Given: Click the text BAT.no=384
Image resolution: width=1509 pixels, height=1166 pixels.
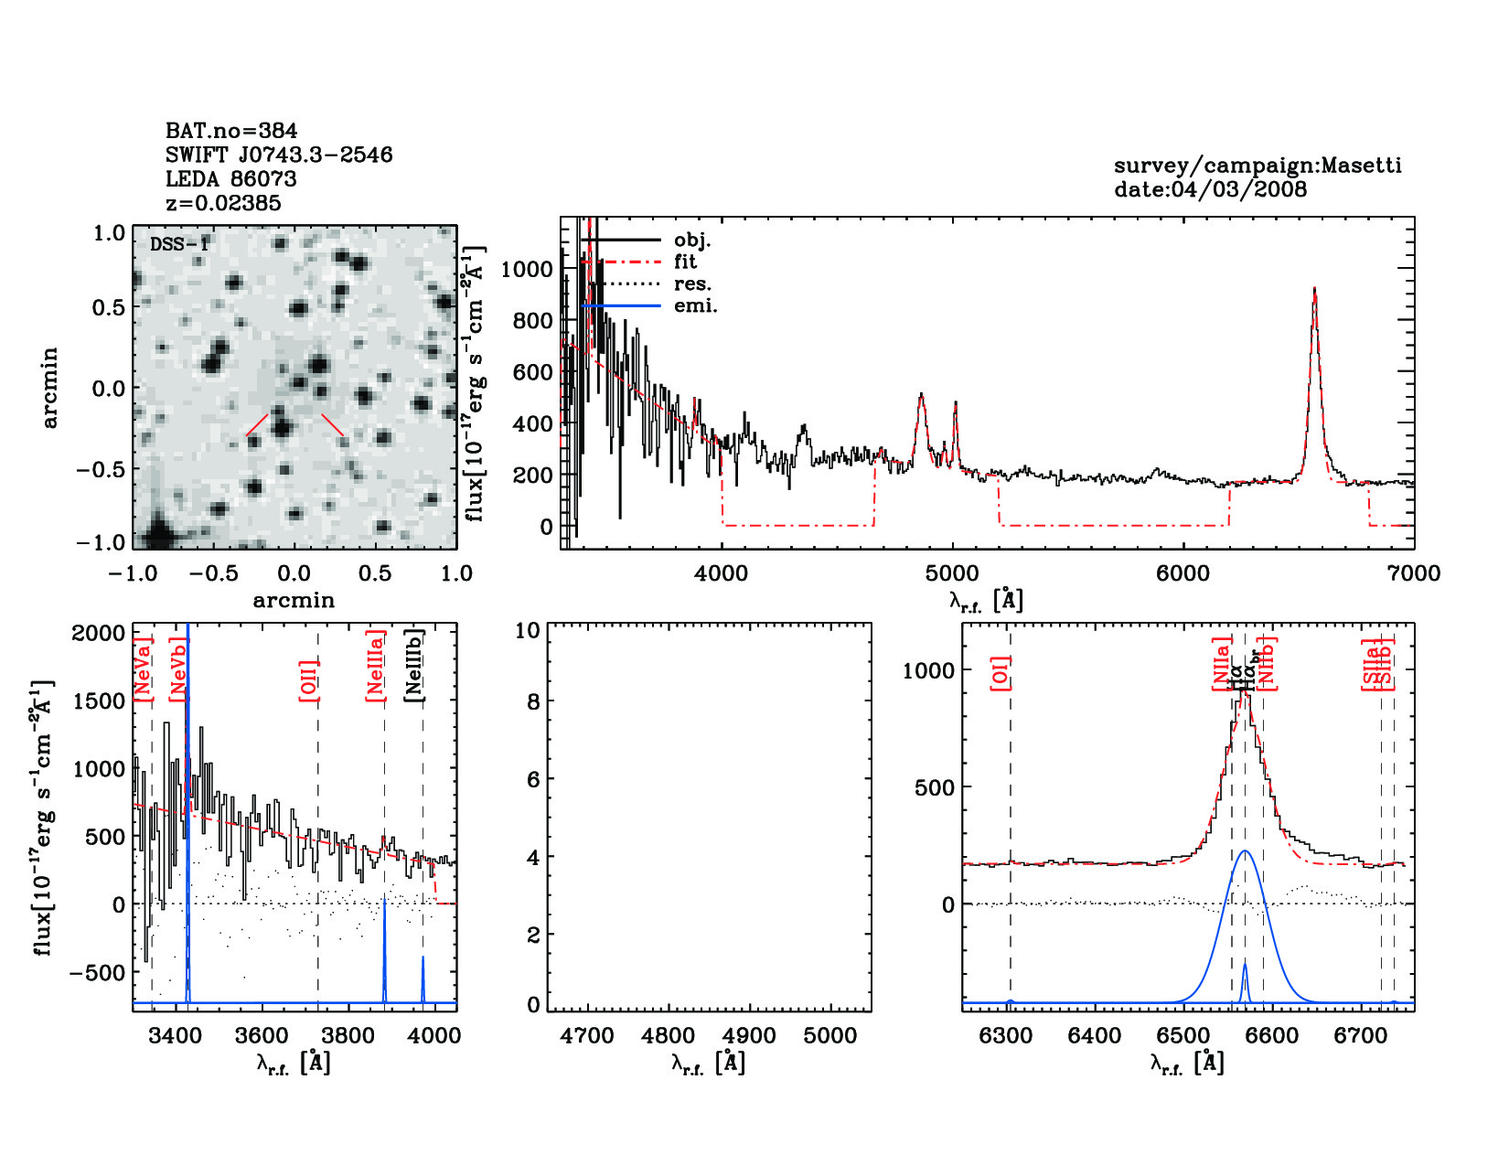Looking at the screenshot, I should tap(231, 131).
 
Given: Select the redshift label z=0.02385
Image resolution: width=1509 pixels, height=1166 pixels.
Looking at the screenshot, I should tap(223, 203).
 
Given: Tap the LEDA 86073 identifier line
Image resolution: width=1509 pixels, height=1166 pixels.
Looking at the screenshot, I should tap(230, 179).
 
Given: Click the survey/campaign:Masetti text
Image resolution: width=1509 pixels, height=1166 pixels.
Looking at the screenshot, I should tap(1257, 166).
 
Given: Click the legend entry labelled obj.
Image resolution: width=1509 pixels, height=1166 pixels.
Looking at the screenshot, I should tap(691, 241).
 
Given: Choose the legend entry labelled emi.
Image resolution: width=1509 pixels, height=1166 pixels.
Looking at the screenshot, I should tap(695, 306).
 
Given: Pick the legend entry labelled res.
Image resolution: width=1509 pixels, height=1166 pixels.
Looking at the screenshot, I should tap(692, 284).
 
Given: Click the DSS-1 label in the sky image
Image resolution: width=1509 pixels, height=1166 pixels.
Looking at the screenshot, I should tap(179, 244).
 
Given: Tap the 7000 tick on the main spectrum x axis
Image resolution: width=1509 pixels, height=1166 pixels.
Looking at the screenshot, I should tap(1414, 573).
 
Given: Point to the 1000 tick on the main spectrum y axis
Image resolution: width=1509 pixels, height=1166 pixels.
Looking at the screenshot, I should tap(528, 269).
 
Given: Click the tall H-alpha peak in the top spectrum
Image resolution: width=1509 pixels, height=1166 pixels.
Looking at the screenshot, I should tap(1314, 291).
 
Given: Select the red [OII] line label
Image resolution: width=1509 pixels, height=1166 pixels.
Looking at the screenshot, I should tap(309, 681).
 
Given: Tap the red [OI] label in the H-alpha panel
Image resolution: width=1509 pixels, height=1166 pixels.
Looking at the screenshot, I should tap(1001, 674).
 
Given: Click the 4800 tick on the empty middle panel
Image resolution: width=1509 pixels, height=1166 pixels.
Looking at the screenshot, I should tap(669, 1036).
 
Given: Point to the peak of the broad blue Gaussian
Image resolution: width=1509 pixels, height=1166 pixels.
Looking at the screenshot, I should tap(1245, 851).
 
